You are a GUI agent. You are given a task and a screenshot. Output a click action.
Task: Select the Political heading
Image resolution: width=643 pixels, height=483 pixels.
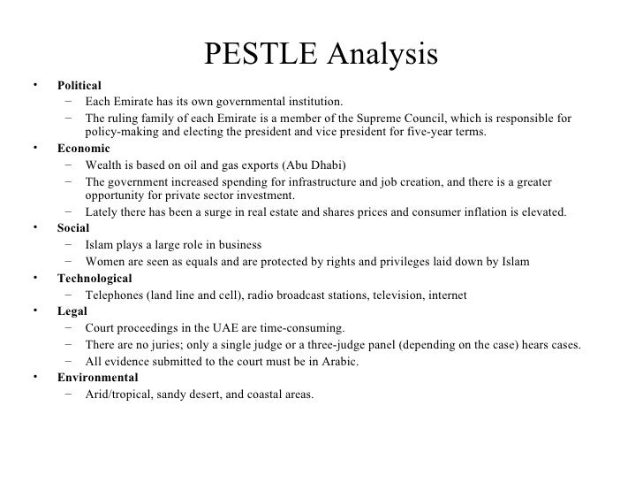pos(79,87)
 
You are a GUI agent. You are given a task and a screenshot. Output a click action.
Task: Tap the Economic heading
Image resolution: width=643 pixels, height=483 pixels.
pos(84,149)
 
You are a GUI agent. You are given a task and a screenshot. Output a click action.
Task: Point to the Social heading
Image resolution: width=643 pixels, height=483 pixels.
pos(73,226)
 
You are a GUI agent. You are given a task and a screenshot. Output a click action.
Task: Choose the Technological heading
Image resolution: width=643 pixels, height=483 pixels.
pos(95,279)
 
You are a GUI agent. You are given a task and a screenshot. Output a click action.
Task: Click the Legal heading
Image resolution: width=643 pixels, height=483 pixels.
pos(72,311)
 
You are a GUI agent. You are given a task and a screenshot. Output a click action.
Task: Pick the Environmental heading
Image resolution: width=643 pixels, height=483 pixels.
pos(97,377)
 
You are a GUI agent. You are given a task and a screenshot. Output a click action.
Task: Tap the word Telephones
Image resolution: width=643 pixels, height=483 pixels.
pos(116,295)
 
